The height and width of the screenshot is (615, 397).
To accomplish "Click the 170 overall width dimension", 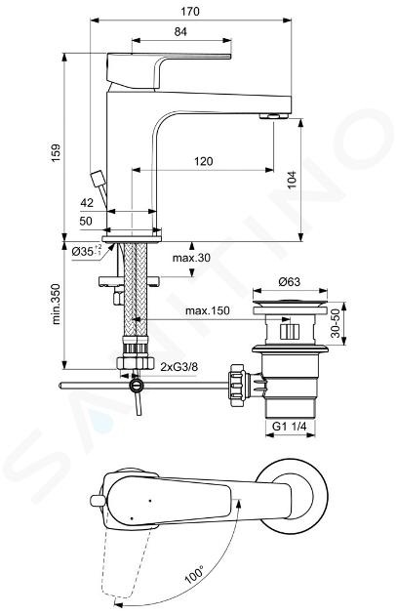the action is coord(190,11).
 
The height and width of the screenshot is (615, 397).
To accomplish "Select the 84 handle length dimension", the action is coord(180,32).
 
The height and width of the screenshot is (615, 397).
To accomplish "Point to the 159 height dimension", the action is coord(56,153).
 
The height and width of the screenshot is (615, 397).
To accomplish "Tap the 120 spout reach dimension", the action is coord(204,161).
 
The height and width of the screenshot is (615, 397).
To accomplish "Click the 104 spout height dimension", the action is coord(293,180).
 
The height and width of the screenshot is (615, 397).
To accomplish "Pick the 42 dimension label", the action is coord(87,202).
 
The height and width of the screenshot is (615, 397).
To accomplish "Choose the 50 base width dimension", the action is coord(86,221).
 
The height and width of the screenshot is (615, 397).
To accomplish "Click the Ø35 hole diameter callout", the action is coord(87,250).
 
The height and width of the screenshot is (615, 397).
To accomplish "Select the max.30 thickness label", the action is coord(191,258).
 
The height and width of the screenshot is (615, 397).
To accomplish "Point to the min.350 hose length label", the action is coord(58,304).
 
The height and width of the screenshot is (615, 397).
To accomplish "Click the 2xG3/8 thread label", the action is coord(179,367).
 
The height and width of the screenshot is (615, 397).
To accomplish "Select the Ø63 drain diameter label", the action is coord(289,281).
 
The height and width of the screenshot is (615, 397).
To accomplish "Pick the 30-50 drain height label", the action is coord(336,323).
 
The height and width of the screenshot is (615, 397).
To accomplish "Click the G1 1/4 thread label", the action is coord(290,427).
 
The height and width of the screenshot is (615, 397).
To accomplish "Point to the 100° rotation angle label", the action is coord(194,574).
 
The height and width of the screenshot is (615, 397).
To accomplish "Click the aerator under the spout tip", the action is coord(274,115).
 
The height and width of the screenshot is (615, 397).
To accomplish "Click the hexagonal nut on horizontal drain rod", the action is coord(237,386).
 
